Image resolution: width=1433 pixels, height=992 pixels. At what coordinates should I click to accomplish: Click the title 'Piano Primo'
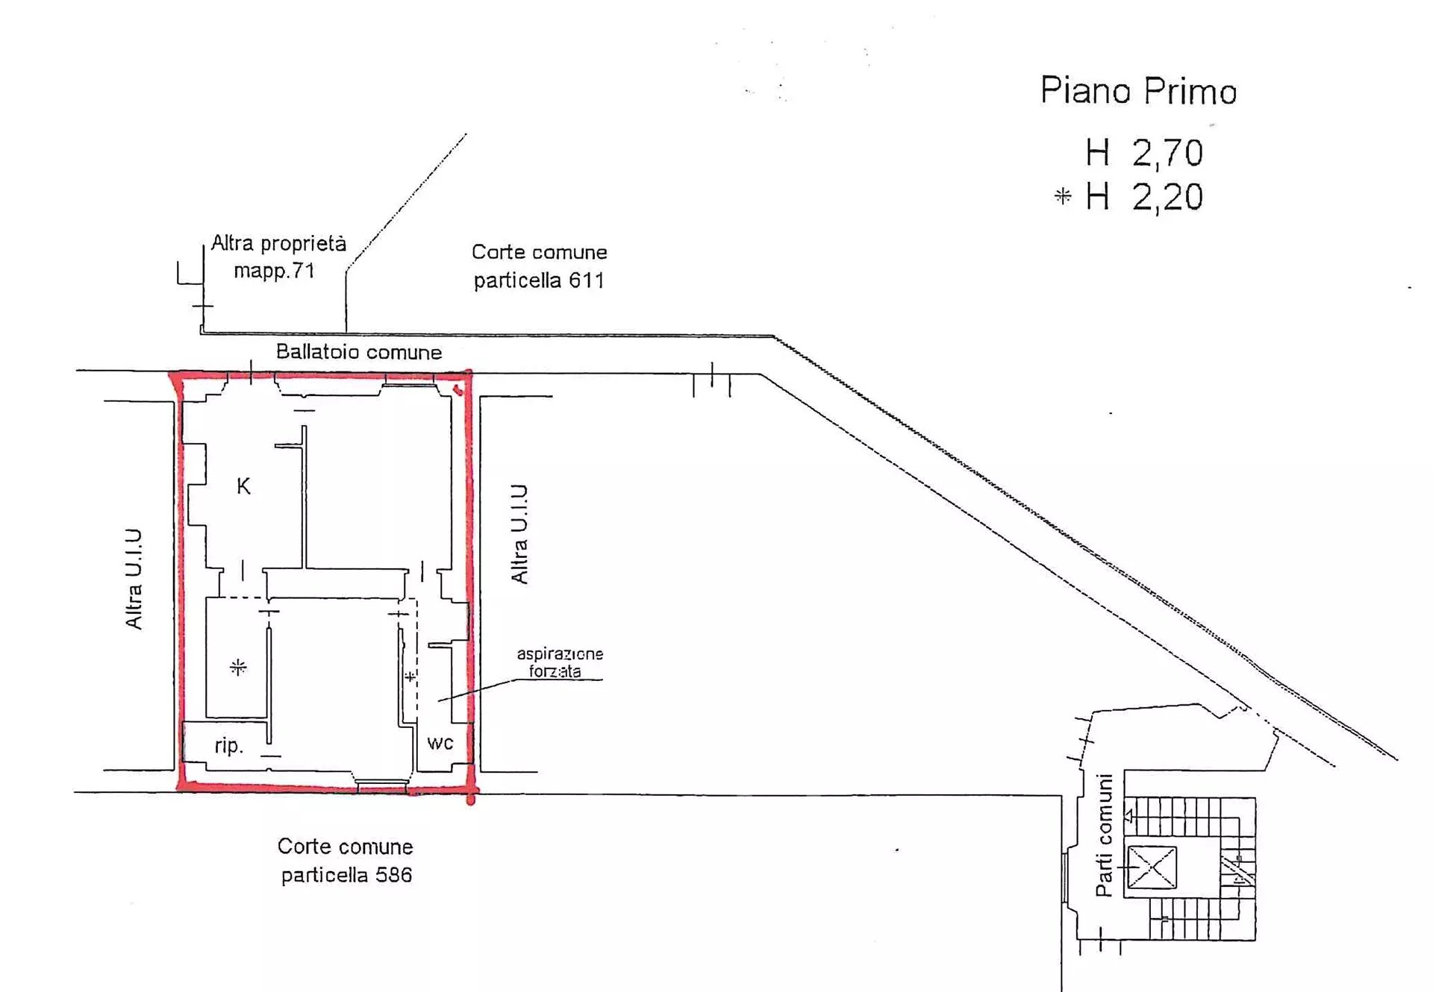tap(1139, 91)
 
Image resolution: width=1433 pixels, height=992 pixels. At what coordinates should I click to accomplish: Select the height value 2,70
tap(1167, 154)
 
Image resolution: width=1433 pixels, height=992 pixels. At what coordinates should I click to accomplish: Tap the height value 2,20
tap(1167, 198)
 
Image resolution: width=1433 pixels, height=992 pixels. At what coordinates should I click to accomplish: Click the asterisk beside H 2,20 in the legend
tap(1063, 196)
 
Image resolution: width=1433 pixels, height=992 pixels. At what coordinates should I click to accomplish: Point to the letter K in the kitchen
tap(243, 486)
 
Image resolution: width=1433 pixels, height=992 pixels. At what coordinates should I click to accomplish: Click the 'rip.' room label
tap(229, 746)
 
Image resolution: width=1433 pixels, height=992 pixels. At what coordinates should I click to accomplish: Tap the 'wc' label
tap(440, 743)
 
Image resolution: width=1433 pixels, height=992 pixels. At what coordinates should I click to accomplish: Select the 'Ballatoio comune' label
tap(359, 352)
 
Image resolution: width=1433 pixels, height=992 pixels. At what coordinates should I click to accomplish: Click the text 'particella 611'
tap(539, 280)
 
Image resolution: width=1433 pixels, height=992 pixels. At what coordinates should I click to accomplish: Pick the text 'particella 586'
tap(346, 875)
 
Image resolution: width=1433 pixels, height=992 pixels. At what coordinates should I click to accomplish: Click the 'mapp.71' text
tap(274, 271)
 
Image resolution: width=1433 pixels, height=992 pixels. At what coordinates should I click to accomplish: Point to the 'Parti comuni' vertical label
tap(1104, 835)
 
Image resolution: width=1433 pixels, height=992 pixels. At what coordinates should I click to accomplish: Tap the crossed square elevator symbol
tap(1152, 867)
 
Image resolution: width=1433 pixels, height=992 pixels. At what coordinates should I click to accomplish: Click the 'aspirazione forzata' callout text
tap(560, 662)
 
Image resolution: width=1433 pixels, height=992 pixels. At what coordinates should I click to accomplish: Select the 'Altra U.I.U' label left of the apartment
tap(134, 579)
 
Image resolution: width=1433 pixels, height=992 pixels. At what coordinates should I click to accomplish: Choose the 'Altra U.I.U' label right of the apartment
tap(519, 533)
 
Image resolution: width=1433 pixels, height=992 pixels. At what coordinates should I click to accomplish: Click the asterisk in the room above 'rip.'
tap(238, 667)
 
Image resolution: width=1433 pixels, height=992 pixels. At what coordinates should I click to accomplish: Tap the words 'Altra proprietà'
tap(278, 243)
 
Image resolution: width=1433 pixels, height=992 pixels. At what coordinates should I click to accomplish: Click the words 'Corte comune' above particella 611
tap(539, 252)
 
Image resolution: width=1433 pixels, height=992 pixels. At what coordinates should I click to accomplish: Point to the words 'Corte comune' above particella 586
tap(345, 847)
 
